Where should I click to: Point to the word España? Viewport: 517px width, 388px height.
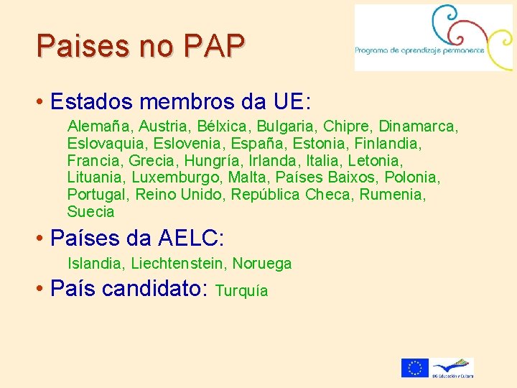pyautogui.click(x=255, y=144)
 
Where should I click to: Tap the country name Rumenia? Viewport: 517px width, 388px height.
pyautogui.click(x=392, y=195)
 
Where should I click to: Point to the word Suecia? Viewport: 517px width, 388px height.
pyautogui.click(x=90, y=212)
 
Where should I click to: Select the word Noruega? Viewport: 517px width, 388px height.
pyautogui.click(x=262, y=264)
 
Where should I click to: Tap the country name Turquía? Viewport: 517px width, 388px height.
pyautogui.click(x=241, y=291)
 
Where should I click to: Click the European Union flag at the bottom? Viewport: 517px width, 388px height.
pyautogui.click(x=414, y=368)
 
